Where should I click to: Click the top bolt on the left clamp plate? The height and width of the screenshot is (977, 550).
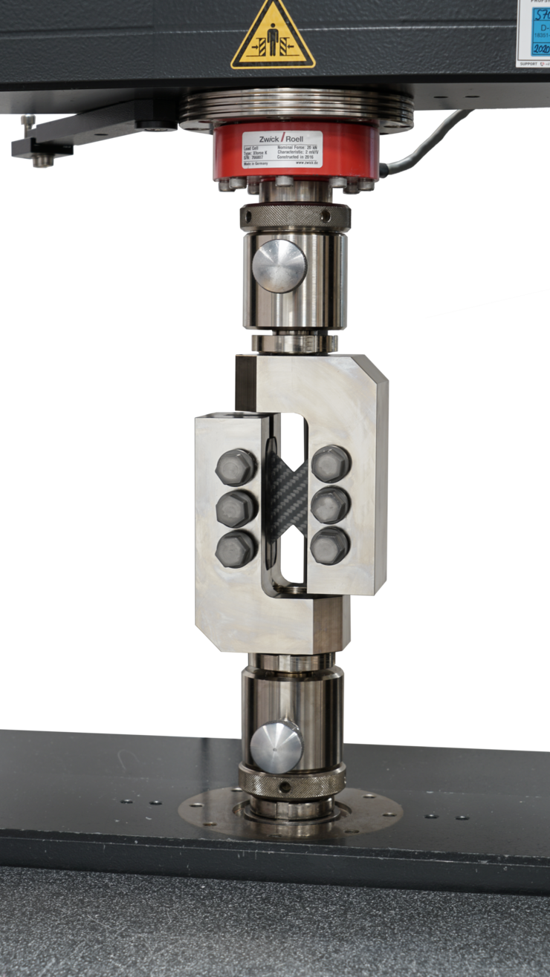coord(236,467)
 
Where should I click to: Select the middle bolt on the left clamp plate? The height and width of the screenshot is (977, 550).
coord(236,509)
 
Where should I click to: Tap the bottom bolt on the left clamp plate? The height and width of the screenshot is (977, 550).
coord(236,550)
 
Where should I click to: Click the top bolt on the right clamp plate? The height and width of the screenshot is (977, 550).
coord(330,465)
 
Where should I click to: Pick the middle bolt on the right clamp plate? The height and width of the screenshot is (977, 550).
coord(330,506)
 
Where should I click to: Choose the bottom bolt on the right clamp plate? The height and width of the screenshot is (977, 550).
coord(329,546)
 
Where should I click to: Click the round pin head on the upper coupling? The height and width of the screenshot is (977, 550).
coord(279,265)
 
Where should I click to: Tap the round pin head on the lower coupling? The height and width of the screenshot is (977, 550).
coord(276,747)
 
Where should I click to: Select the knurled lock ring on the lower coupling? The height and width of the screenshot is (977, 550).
coord(292,782)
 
